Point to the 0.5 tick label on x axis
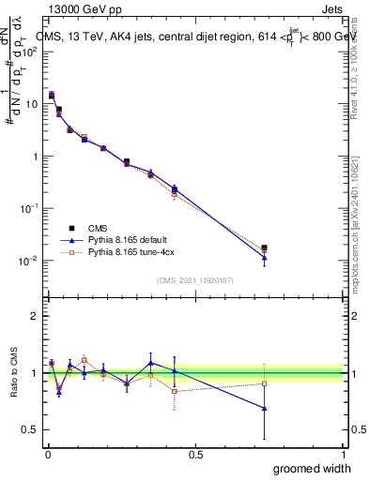195,455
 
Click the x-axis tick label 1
344,455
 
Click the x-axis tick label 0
48,455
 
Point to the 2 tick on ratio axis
35,316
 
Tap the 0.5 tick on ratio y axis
31,429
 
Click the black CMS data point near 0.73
265,247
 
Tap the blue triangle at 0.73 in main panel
265,257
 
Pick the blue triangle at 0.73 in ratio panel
265,408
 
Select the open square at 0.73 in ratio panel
265,383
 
